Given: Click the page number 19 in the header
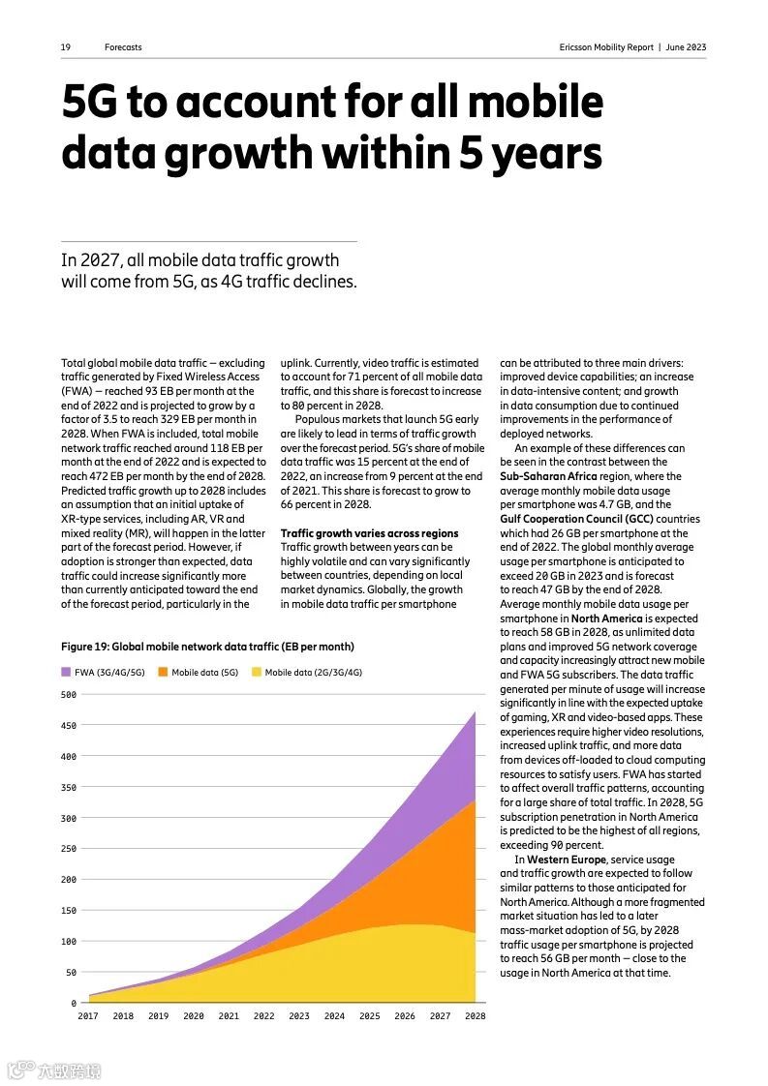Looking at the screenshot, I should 65,47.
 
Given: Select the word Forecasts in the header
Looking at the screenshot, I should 123,47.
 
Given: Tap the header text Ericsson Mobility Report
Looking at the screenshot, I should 606,47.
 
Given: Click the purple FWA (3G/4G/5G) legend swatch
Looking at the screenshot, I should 66,672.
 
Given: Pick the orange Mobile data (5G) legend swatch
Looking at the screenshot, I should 163,672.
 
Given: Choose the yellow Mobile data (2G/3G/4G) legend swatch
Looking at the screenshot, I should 257,672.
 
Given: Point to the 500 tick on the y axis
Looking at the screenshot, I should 68,695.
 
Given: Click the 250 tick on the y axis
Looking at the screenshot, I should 68,849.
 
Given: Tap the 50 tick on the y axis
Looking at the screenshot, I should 70,972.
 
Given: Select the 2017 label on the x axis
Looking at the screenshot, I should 88,1016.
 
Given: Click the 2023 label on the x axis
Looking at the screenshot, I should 299,1016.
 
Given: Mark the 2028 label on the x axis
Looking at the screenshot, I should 475,1016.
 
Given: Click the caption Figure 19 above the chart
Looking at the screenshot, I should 206,647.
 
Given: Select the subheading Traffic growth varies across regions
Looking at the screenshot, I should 369,533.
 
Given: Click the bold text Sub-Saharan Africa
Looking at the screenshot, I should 548,476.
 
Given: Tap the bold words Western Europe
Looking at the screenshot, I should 567,860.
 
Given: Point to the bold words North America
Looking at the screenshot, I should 606,618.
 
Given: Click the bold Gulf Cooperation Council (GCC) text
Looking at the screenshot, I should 577,519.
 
